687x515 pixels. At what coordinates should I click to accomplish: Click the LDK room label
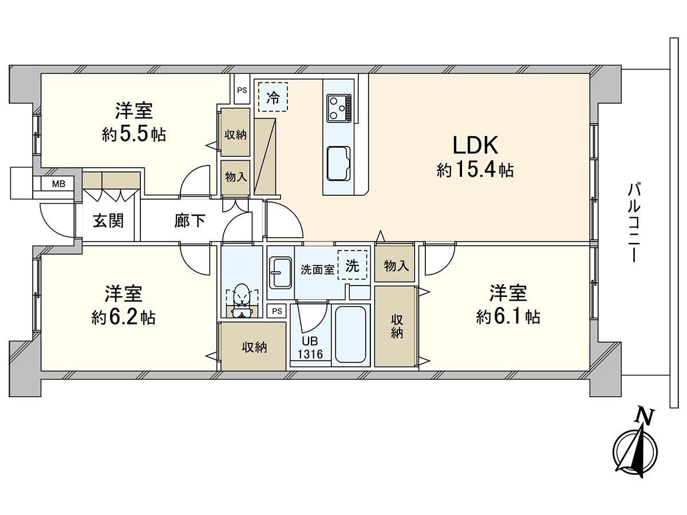[475, 145]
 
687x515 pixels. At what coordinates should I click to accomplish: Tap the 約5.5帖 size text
[134, 135]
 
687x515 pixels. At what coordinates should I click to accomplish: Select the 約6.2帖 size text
[123, 318]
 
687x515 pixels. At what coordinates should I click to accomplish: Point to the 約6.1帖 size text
[508, 318]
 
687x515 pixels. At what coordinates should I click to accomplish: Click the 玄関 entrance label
[108, 221]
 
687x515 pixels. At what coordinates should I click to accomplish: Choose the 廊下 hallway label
[189, 221]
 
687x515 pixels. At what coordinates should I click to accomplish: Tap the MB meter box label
[58, 184]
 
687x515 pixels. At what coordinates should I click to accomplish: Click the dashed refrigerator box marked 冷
[273, 97]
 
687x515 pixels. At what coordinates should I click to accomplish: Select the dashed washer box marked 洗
[353, 265]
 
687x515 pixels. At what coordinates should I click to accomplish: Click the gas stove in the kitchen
[339, 108]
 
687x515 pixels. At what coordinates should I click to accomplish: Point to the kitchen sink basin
[338, 164]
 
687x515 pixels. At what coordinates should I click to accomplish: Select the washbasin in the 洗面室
[281, 274]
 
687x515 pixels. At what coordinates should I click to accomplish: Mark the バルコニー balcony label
[633, 223]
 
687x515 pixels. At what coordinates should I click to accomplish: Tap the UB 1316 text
[310, 348]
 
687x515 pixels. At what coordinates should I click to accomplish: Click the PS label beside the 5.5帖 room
[242, 90]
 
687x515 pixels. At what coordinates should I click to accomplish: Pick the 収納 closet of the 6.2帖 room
[254, 347]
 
